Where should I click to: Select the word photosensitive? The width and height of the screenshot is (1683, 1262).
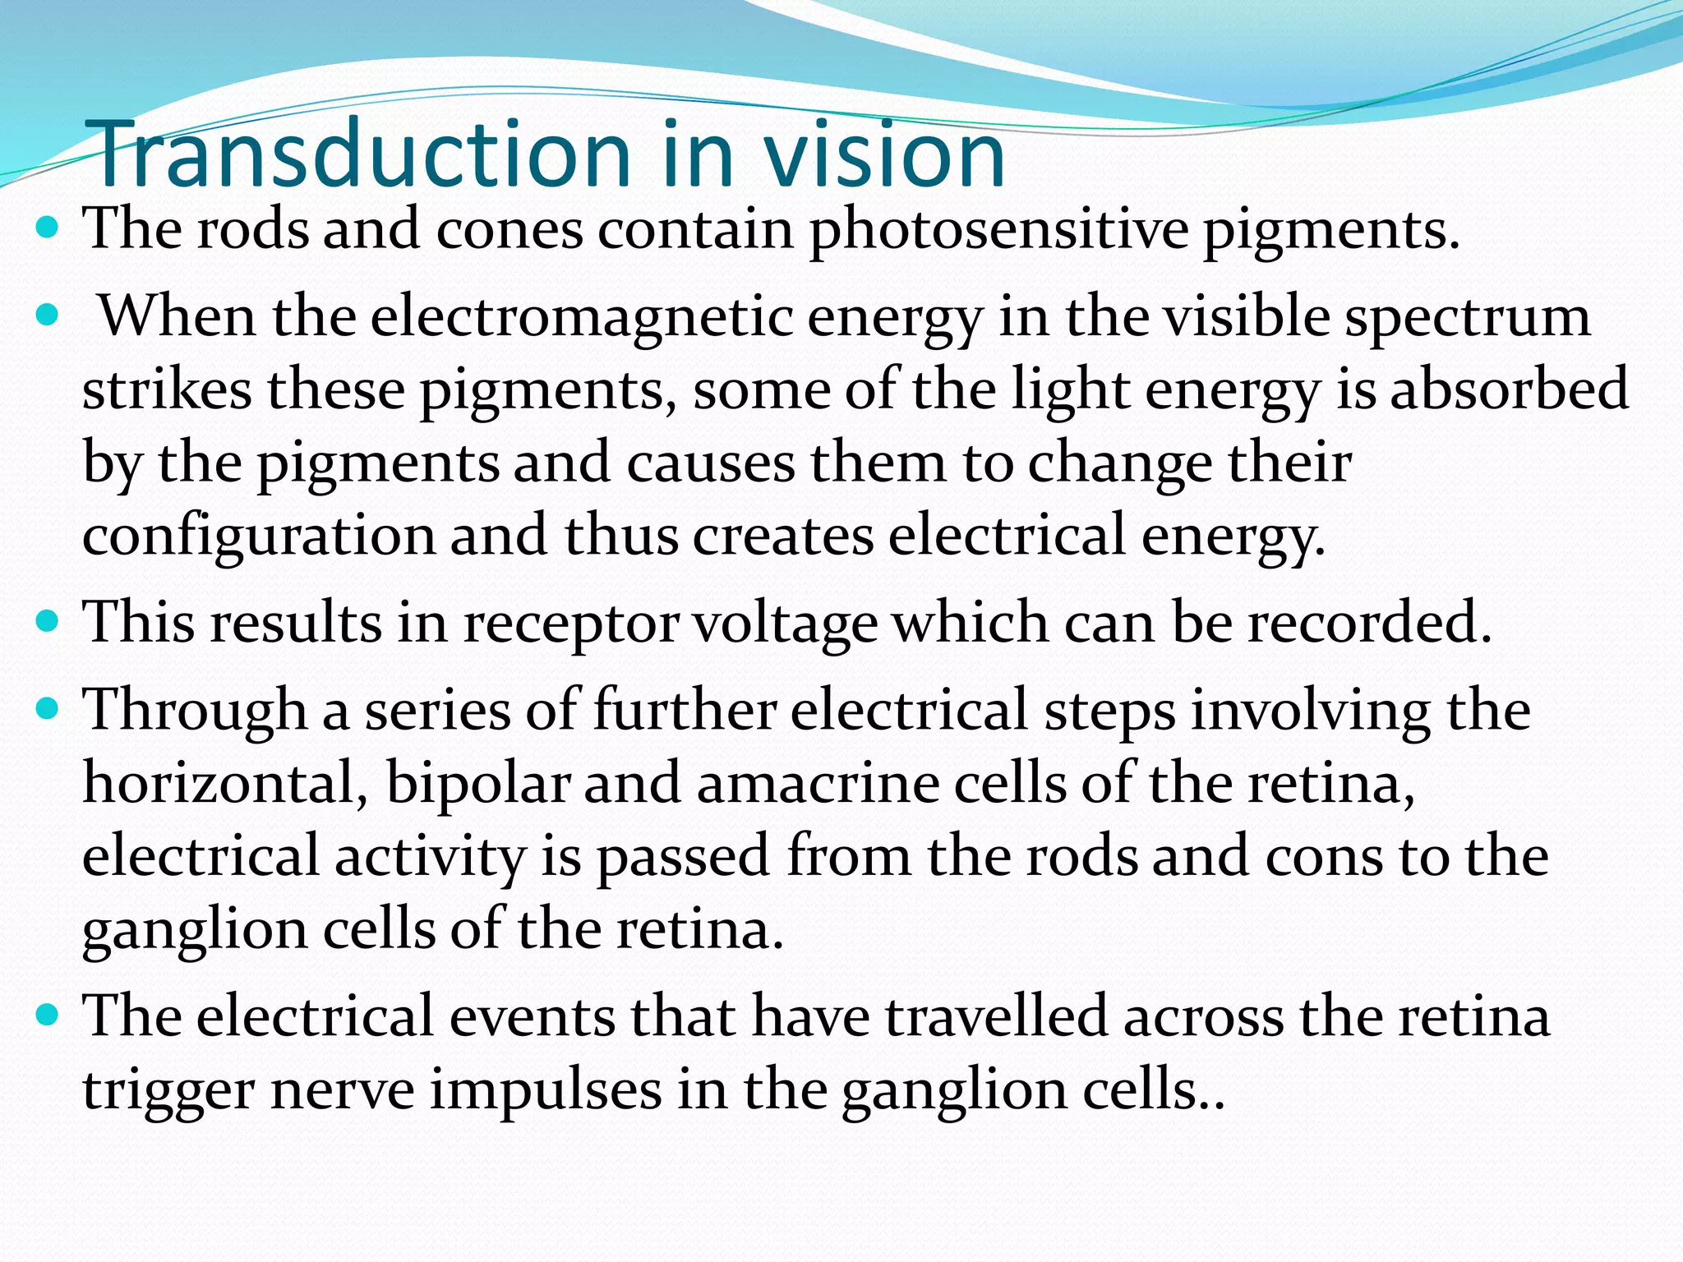point(998,230)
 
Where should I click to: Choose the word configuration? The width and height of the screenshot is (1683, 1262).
point(259,537)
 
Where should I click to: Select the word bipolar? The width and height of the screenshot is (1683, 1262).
point(478,783)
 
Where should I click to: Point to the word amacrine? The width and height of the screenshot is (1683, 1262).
point(818,783)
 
